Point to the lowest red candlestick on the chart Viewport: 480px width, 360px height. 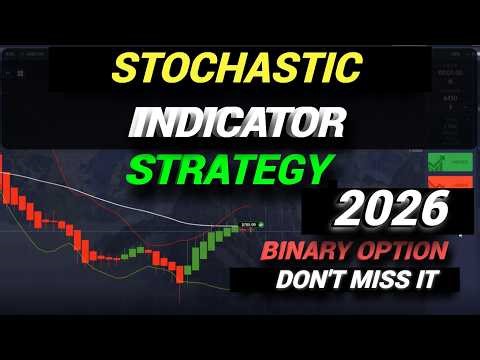181,270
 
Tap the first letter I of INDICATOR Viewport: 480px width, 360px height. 138,126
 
